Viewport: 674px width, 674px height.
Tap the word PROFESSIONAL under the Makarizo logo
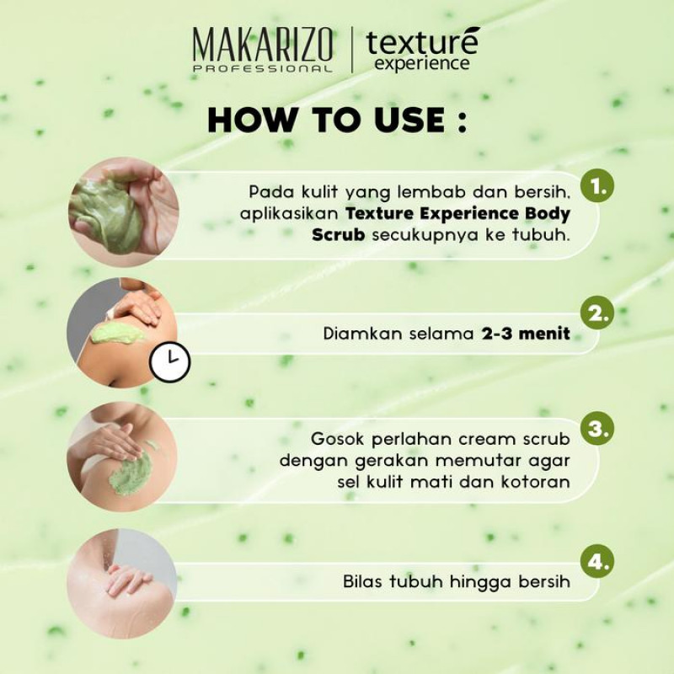263,69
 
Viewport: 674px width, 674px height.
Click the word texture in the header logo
423,42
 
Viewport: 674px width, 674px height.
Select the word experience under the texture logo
422,64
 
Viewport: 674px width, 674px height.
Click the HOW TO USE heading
337,120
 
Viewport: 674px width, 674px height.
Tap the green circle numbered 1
597,186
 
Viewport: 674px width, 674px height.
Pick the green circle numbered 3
597,428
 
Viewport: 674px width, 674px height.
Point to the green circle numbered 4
597,561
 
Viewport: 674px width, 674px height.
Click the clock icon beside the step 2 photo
170,362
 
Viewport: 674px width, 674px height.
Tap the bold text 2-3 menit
526,334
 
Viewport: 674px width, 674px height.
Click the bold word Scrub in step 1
339,235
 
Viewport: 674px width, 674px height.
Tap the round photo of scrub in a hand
123,212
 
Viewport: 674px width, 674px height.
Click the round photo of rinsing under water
122,584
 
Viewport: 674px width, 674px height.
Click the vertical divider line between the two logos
352,49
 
